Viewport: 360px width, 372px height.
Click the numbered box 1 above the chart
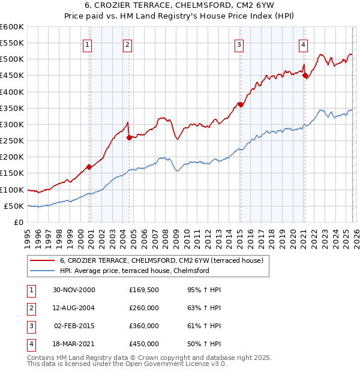[88, 44]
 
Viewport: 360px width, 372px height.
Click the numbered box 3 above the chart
[239, 44]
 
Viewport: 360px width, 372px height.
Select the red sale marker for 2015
[240, 104]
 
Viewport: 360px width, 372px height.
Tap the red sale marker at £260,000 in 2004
[129, 137]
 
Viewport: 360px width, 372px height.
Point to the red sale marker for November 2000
[89, 167]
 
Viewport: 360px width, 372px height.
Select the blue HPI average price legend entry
[134, 271]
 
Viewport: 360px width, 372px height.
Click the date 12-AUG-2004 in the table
[74, 308]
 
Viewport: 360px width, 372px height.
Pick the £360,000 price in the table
[144, 326]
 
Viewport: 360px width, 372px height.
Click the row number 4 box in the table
[30, 344]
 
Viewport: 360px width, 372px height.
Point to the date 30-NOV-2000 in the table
[74, 290]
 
